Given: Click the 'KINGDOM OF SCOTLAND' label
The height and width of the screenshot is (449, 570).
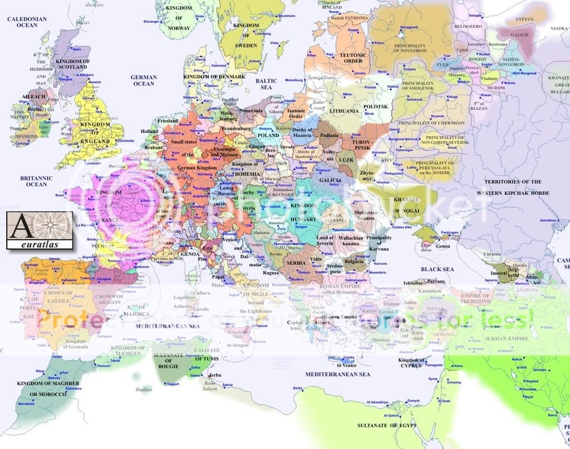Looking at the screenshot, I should pos(72,64).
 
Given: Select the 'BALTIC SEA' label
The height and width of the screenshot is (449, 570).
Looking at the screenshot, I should pos(266,84).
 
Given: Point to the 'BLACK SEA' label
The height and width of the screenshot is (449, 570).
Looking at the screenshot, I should pos(437,269).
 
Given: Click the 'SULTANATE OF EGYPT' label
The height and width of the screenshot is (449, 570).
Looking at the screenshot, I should pos(385,425).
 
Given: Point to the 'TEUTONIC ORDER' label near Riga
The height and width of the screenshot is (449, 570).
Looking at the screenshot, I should pos(353,58).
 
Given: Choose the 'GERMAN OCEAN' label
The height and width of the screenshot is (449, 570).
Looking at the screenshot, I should pos(143,80).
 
